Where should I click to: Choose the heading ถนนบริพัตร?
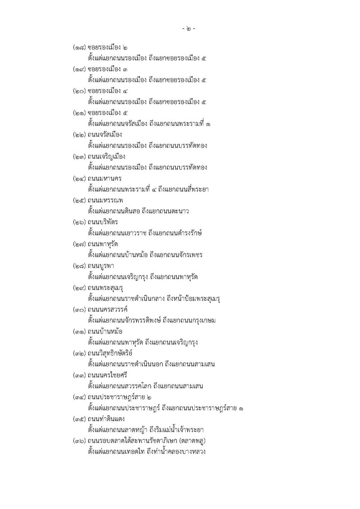coord(103,222)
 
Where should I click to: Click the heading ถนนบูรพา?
coord(101,266)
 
